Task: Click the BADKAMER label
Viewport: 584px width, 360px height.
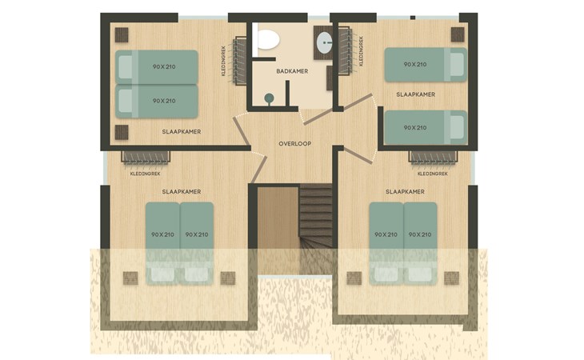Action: tap(292, 71)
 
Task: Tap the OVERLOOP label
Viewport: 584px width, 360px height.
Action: tap(295, 144)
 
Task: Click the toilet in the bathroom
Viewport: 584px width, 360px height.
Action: tap(268, 40)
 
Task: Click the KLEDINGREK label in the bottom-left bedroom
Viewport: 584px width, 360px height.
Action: tap(146, 174)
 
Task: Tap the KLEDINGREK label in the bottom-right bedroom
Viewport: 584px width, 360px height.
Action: tap(433, 174)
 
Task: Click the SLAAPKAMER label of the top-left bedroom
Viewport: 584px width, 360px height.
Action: tap(182, 132)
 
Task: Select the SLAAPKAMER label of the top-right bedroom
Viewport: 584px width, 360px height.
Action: tap(416, 94)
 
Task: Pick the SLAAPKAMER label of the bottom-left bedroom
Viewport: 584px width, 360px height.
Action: tap(182, 192)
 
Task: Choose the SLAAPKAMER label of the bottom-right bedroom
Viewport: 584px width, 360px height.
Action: tap(405, 192)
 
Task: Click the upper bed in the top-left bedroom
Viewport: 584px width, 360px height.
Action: tap(157, 67)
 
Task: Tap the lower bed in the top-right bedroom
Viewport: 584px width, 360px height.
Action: tap(426, 128)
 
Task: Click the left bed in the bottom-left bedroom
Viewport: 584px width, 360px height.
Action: tap(162, 244)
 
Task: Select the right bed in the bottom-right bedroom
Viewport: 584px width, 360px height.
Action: tap(420, 244)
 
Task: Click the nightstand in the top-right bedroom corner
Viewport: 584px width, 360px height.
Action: tap(458, 34)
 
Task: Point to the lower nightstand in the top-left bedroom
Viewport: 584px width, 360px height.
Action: tap(122, 132)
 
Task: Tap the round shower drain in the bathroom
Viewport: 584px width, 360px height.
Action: tap(269, 98)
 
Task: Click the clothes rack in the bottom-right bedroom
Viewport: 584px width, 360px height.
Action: tap(433, 157)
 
